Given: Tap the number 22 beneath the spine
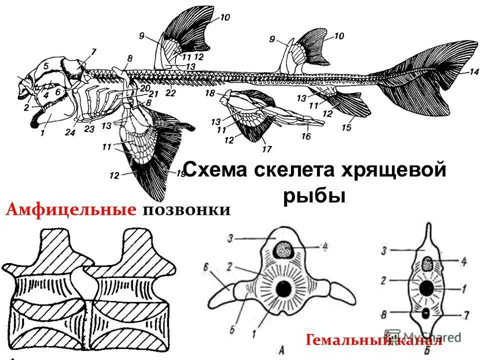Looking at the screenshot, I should pos(171,93).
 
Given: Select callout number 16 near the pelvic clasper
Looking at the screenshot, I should pos(306,136).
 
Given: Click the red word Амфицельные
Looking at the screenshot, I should pos(71,210).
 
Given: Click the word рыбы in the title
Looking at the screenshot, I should pos(314,195).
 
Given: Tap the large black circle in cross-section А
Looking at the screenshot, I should pos(283,288).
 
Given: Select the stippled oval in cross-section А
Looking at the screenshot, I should pos(284,248).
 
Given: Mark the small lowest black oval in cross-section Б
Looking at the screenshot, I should pos(426,313).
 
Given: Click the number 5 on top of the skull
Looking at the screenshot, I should pos(45,65).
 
